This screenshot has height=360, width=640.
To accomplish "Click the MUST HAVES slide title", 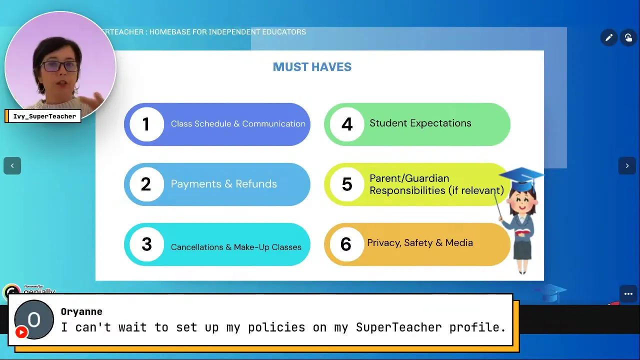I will click(x=312, y=67).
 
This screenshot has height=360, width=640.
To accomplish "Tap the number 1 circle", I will click(x=146, y=124).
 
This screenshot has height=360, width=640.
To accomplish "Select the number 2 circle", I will click(x=146, y=184).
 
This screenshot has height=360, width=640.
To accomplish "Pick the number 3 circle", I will click(x=146, y=244).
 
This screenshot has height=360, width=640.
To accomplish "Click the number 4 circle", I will click(x=346, y=124).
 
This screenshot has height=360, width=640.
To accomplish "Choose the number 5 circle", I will click(x=346, y=184).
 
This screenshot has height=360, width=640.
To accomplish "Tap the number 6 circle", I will click(x=346, y=244).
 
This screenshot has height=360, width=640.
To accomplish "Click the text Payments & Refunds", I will click(x=223, y=184).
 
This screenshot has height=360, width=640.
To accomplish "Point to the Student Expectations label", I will click(x=420, y=123).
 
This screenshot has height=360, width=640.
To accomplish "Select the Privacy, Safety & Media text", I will click(x=419, y=243).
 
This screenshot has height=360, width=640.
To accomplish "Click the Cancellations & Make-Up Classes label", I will click(x=236, y=247).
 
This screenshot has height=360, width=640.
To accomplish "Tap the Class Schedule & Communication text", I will click(x=238, y=124).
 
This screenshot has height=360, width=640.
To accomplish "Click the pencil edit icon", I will click(x=608, y=38).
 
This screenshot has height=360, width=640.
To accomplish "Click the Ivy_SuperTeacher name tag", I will click(x=44, y=116).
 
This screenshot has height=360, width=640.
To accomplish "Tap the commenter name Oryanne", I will click(x=81, y=312).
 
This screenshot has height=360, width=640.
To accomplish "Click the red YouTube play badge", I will click(x=21, y=332).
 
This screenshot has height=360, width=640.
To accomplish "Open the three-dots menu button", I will click(x=628, y=294).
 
